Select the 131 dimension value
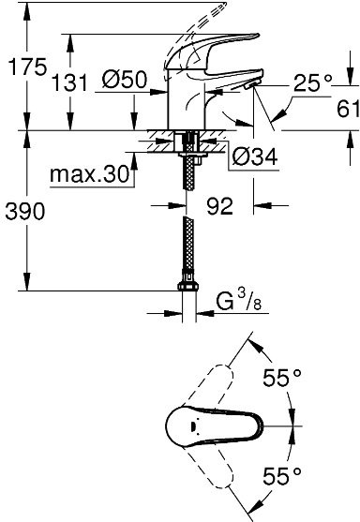tap(97, 82)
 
